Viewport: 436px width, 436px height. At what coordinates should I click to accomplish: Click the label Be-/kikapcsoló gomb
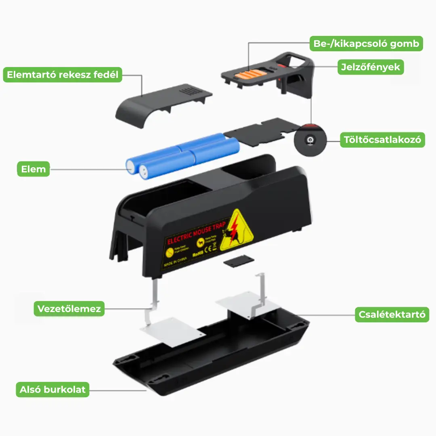pos(366,44)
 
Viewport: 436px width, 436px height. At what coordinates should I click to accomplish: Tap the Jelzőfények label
pos(370,67)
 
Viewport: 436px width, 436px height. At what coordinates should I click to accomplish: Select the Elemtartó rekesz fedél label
pos(63,75)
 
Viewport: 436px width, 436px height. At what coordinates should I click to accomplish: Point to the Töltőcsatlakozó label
pos(382,140)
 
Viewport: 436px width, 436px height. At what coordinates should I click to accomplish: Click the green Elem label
pos(34,169)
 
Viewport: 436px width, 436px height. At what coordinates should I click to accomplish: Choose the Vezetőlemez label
pos(69,309)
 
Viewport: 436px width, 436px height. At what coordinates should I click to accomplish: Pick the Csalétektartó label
pos(392,314)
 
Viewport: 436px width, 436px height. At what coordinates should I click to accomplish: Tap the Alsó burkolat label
pos(52,390)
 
